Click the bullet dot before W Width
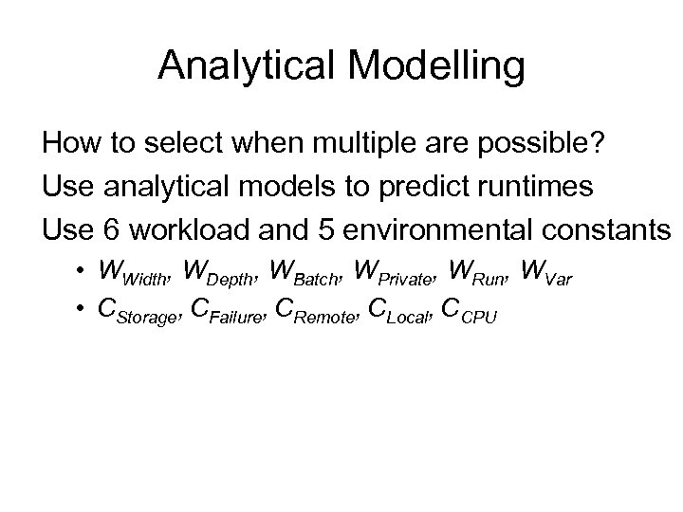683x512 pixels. (84, 272)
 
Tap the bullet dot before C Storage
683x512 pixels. (84, 308)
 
